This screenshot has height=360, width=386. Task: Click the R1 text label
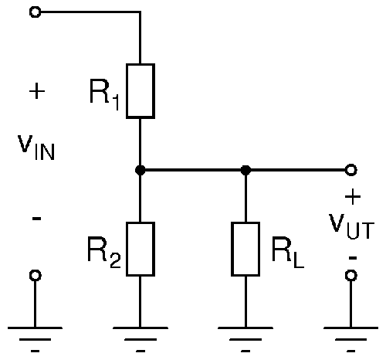coord(104,94)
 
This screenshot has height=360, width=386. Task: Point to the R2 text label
coord(104,253)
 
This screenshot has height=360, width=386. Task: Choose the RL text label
coord(288,253)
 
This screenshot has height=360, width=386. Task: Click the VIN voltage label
coord(36,148)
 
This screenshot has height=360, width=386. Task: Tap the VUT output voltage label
coord(351,226)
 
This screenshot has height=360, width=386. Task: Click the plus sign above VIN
coord(37,90)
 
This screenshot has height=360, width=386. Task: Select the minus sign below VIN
coord(36,219)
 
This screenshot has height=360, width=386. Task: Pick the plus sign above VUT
coord(353,197)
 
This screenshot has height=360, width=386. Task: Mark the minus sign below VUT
coord(353,258)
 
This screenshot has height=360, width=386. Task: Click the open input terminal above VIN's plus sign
coord(36,12)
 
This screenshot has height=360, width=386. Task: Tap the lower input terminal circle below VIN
coord(36,275)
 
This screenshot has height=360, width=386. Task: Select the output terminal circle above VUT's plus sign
coord(351,170)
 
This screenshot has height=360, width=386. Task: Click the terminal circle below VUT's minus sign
coord(351,275)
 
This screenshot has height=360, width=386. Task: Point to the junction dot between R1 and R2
coord(141,170)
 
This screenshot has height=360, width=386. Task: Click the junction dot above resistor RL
coord(245,170)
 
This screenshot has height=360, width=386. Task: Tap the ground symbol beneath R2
coord(141,339)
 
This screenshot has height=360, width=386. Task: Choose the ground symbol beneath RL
coord(245,339)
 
